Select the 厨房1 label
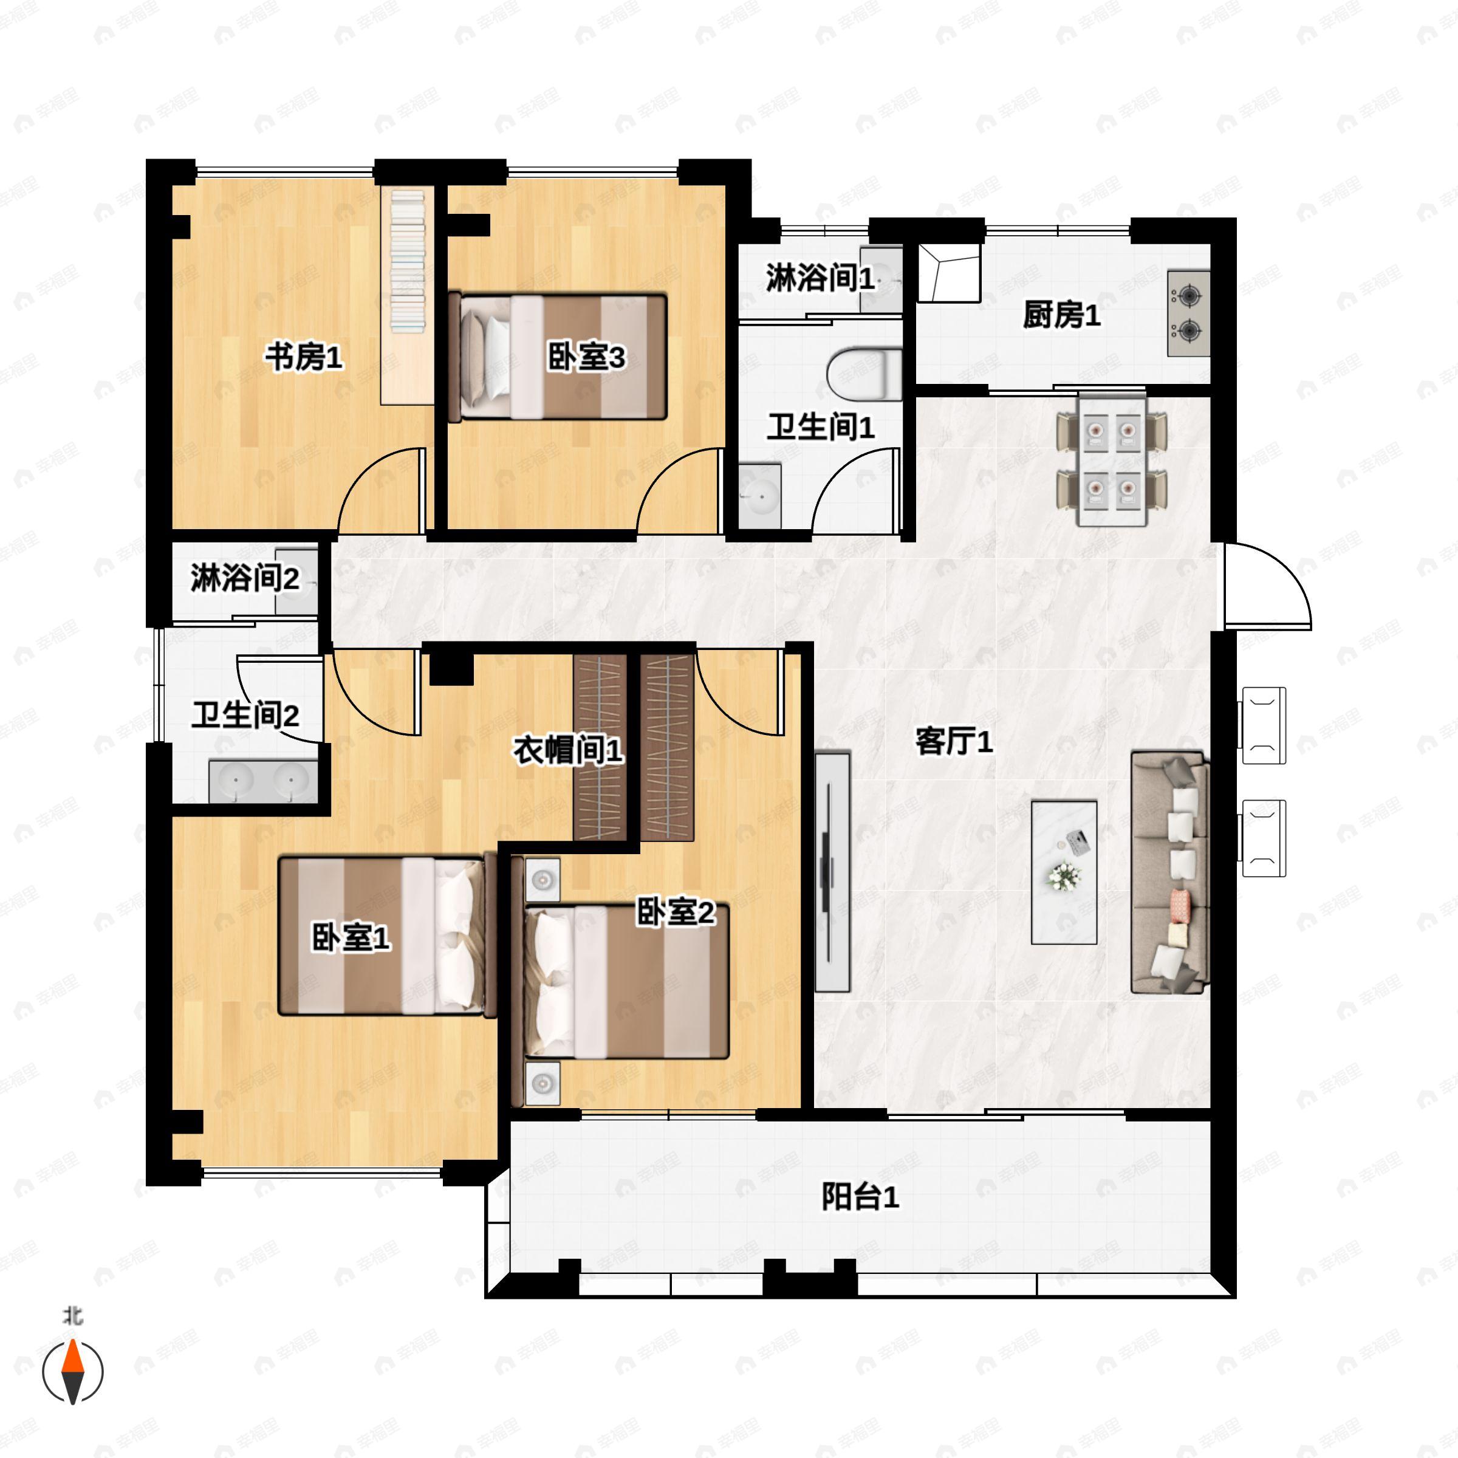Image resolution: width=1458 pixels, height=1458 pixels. tap(1062, 315)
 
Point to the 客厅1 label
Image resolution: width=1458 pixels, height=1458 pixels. tap(954, 741)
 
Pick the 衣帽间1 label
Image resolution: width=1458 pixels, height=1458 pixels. tap(568, 750)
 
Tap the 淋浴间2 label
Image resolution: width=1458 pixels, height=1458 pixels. tap(244, 578)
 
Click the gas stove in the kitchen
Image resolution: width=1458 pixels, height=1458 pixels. tap(1189, 313)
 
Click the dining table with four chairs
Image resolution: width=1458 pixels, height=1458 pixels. tap(1112, 460)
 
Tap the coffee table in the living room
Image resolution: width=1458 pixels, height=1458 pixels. tap(1064, 872)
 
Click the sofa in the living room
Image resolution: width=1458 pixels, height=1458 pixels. tap(1169, 872)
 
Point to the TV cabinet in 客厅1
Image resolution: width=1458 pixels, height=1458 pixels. tap(832, 872)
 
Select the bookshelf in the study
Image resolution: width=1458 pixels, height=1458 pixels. tap(408, 296)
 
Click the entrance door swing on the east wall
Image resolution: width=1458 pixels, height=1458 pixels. tap(1268, 586)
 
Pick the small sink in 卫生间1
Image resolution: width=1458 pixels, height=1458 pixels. tap(760, 496)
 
